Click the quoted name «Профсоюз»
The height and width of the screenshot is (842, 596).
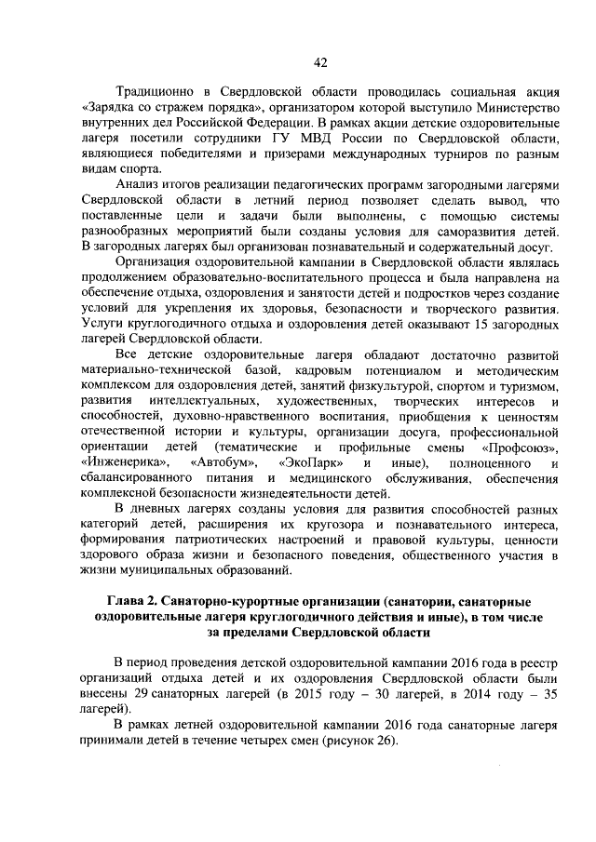(x=521, y=448)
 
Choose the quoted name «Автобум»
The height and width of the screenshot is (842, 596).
(x=221, y=463)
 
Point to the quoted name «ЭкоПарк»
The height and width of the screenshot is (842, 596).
(x=310, y=463)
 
